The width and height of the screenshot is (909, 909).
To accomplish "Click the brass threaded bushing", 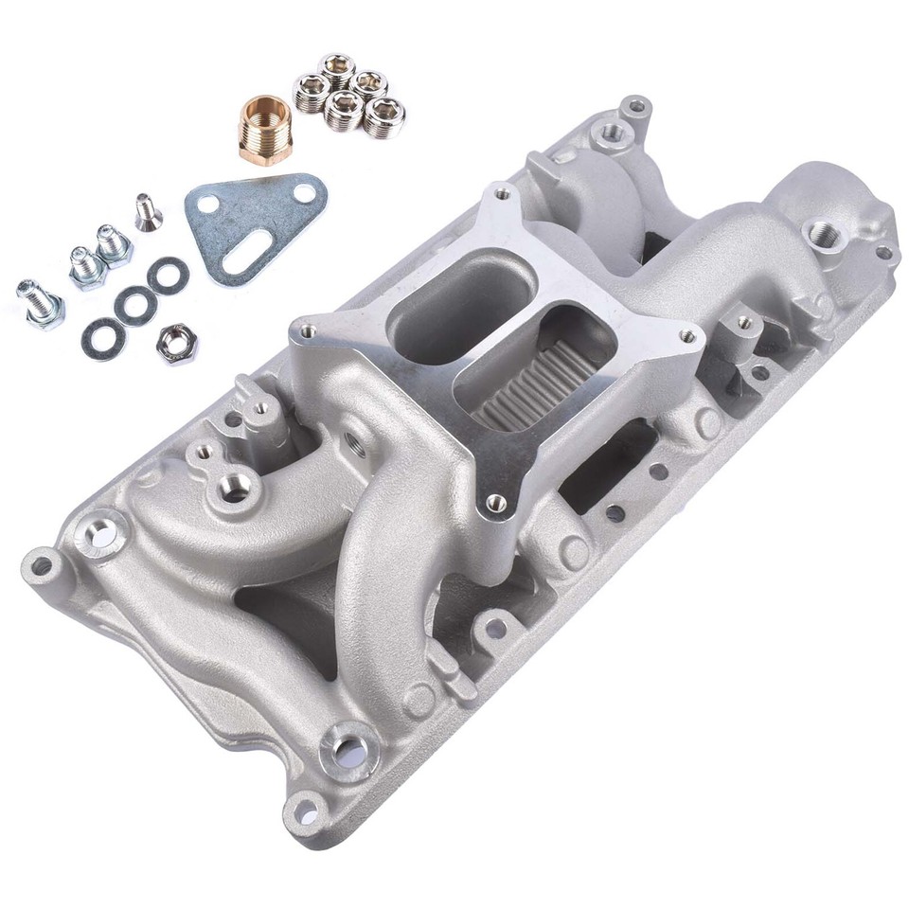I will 262,131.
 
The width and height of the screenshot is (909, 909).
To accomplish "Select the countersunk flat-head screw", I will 146,211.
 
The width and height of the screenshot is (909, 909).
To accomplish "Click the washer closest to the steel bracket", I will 168,276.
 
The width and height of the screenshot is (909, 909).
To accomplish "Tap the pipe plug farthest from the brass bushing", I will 384,117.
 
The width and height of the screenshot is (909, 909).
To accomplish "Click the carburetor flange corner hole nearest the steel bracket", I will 305,331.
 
